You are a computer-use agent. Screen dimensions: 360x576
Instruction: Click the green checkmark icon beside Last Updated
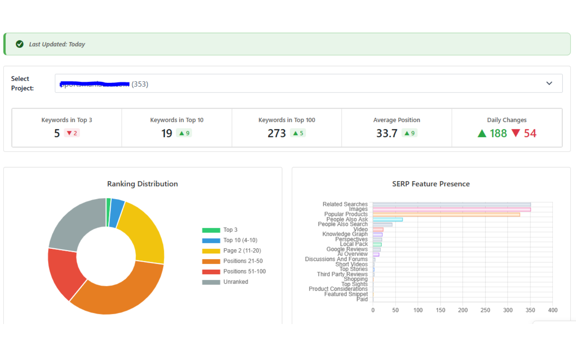pyautogui.click(x=20, y=44)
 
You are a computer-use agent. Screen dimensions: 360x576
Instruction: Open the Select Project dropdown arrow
pyautogui.click(x=549, y=84)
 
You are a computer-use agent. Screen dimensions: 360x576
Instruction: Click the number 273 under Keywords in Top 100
pyautogui.click(x=276, y=134)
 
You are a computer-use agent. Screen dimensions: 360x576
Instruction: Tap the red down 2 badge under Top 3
pyautogui.click(x=72, y=133)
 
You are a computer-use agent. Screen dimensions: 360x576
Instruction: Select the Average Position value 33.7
pyautogui.click(x=387, y=134)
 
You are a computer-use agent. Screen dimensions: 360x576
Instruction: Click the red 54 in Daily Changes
pyautogui.click(x=530, y=134)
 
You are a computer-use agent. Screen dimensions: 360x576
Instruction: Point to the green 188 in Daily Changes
pyautogui.click(x=498, y=134)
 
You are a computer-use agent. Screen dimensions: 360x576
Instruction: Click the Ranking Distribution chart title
pyautogui.click(x=142, y=184)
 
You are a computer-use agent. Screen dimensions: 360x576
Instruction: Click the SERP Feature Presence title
pyautogui.click(x=431, y=184)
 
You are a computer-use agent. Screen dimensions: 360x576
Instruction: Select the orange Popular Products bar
pyautogui.click(x=446, y=215)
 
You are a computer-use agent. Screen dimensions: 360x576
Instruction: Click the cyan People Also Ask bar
pyautogui.click(x=388, y=219)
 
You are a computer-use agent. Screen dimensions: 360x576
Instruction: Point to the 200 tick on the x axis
pyautogui.click(x=463, y=310)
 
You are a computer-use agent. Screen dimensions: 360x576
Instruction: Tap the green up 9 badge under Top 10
pyautogui.click(x=184, y=133)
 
